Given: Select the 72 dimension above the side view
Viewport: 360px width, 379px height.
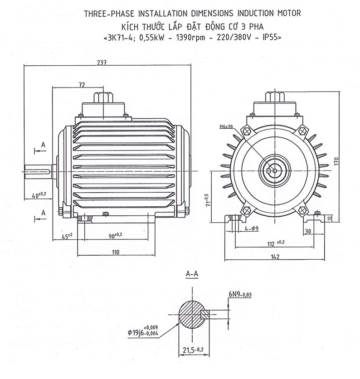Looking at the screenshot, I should [x=82, y=84].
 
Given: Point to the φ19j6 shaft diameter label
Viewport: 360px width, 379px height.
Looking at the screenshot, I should [x=144, y=333].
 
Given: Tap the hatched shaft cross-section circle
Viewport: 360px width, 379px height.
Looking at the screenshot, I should [x=190, y=313].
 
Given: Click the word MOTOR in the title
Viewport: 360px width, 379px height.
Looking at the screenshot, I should [x=288, y=12].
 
